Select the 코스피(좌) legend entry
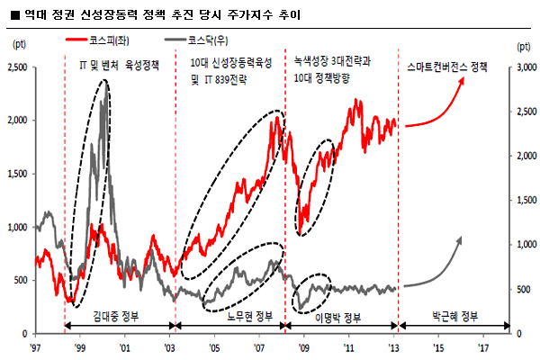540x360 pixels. (x=105, y=40)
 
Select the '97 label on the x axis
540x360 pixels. (x=35, y=346)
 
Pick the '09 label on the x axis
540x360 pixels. (x=304, y=346)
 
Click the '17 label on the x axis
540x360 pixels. (x=483, y=346)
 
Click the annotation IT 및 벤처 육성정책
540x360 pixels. (x=120, y=66)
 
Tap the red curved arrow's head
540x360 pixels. (x=464, y=80)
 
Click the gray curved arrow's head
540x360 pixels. (x=463, y=238)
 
